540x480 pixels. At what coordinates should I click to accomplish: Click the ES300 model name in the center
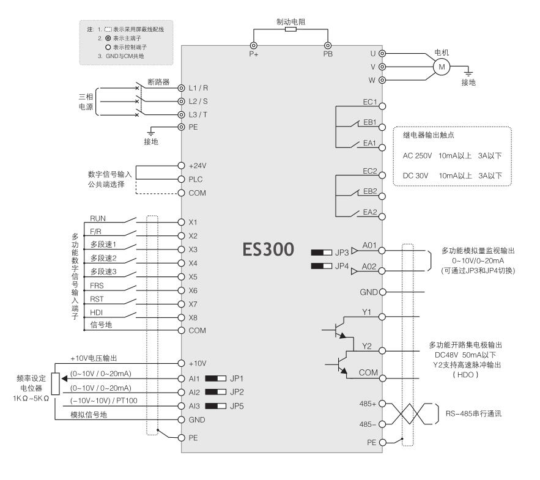click(x=268, y=249)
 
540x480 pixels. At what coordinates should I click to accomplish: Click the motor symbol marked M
click(x=441, y=66)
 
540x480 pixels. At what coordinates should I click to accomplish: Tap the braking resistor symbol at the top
click(x=291, y=29)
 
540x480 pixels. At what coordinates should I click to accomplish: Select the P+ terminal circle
click(x=254, y=45)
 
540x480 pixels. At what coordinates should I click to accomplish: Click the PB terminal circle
click(x=328, y=45)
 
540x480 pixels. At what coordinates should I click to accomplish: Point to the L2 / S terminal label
click(x=202, y=101)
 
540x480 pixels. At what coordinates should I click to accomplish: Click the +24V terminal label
click(x=198, y=166)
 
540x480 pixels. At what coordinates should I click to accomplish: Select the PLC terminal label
click(x=196, y=180)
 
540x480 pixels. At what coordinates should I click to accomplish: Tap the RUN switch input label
click(x=98, y=218)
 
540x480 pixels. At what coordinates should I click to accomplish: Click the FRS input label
click(x=97, y=286)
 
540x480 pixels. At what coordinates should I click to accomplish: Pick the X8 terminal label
click(x=193, y=317)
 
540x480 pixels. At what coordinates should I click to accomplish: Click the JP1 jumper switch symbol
click(x=216, y=378)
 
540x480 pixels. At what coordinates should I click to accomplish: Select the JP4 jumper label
click(x=342, y=266)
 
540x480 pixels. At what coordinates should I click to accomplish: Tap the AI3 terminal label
click(x=194, y=406)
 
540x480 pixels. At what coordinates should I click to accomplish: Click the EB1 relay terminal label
click(x=369, y=122)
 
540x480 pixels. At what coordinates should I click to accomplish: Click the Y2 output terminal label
click(x=367, y=346)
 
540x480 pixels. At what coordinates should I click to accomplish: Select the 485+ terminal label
click(x=369, y=404)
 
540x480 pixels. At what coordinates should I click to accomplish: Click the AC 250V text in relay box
click(x=416, y=156)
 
